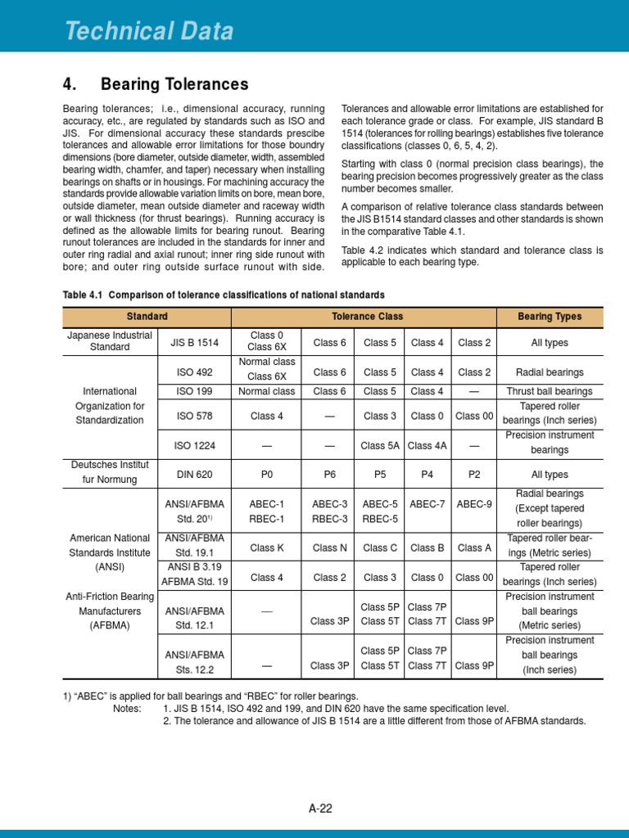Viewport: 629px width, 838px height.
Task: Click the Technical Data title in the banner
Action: (x=149, y=31)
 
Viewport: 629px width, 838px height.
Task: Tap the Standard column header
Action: (x=147, y=316)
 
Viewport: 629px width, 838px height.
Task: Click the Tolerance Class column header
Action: (x=367, y=316)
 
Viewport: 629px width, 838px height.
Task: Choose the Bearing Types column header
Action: (x=550, y=316)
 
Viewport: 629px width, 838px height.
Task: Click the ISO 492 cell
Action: (x=195, y=372)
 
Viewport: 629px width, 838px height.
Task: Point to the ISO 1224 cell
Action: (x=195, y=445)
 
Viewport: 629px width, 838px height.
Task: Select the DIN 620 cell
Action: (x=195, y=474)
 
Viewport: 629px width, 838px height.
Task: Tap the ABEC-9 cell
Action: (x=474, y=504)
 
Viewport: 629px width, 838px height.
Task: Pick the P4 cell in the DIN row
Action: (x=427, y=474)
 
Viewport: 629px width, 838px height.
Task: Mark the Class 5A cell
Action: (x=380, y=445)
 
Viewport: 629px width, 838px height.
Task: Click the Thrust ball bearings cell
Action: (x=550, y=391)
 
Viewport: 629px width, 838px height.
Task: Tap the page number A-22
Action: (x=320, y=809)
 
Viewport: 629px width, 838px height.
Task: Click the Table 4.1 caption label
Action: (x=84, y=295)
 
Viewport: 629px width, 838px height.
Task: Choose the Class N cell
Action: (x=329, y=547)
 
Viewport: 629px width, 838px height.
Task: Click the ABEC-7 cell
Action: (x=427, y=504)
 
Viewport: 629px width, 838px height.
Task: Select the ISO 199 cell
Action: (x=195, y=391)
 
